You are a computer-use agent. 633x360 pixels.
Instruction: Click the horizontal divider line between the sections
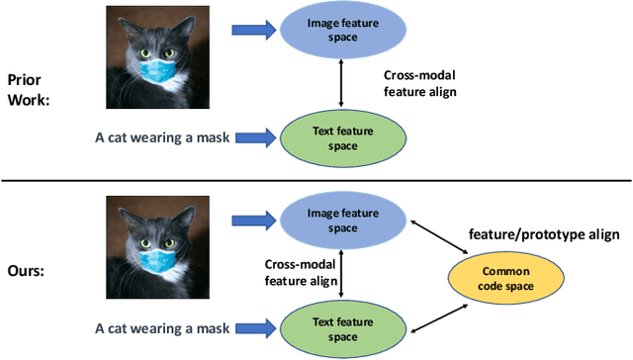pos(316,180)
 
